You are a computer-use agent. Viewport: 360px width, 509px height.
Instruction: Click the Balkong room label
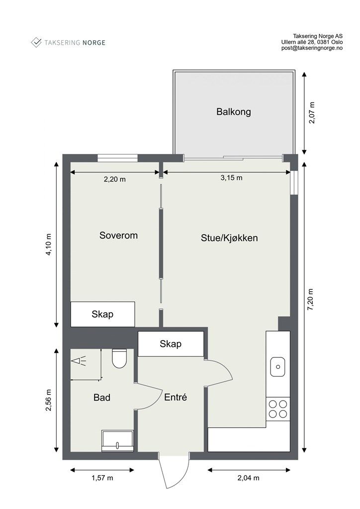[233, 112]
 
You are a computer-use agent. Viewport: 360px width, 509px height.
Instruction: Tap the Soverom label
[118, 235]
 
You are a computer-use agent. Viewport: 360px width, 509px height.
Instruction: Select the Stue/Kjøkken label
[229, 238]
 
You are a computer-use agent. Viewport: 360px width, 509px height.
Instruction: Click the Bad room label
[102, 397]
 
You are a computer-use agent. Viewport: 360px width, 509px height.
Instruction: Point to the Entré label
[176, 397]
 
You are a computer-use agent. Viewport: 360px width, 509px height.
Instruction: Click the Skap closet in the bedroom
[102, 314]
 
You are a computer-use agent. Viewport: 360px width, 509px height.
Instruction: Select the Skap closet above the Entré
[171, 344]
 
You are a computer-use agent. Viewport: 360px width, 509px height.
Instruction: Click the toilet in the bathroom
[119, 358]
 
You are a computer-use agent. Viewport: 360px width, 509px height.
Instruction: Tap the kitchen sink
[277, 366]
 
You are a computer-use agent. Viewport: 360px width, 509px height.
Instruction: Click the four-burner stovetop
[278, 409]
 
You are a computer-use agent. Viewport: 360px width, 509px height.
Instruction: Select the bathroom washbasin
[117, 441]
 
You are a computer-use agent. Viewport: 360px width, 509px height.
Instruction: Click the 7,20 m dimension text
[311, 299]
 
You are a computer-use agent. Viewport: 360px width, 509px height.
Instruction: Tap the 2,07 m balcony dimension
[312, 113]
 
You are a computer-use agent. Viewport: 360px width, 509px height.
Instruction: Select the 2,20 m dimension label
[114, 179]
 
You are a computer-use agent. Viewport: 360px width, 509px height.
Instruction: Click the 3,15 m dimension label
[231, 178]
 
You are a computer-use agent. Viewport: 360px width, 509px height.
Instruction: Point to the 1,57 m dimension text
[102, 478]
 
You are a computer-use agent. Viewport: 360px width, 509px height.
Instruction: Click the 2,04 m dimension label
[249, 478]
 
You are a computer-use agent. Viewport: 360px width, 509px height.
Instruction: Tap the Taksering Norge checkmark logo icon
[36, 42]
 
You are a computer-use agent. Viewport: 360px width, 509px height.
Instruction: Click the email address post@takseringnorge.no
[312, 48]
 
